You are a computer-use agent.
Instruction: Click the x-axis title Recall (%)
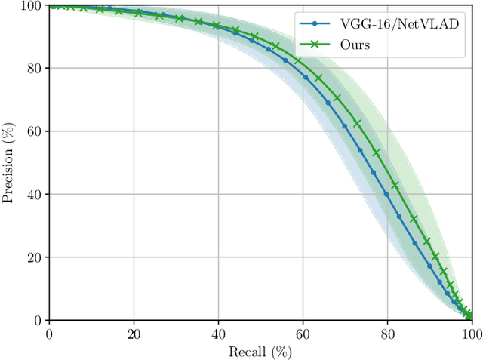[x=260, y=351]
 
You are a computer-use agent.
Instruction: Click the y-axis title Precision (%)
[x=8, y=163]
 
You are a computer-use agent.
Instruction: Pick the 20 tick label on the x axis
[x=134, y=333]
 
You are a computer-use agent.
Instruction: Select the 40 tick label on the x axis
[x=218, y=333]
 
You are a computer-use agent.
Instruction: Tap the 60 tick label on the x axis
[x=303, y=333]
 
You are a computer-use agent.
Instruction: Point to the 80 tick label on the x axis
[x=387, y=333]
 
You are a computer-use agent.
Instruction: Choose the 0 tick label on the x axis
[x=49, y=333]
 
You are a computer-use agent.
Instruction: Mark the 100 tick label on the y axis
[x=32, y=5]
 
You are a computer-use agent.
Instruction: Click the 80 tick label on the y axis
[x=35, y=68]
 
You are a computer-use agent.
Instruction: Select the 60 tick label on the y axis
[x=35, y=131]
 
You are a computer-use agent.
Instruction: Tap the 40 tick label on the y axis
[x=35, y=194]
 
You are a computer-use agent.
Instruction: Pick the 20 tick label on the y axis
[x=35, y=257]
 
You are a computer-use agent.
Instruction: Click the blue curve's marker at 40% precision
[x=386, y=194]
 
